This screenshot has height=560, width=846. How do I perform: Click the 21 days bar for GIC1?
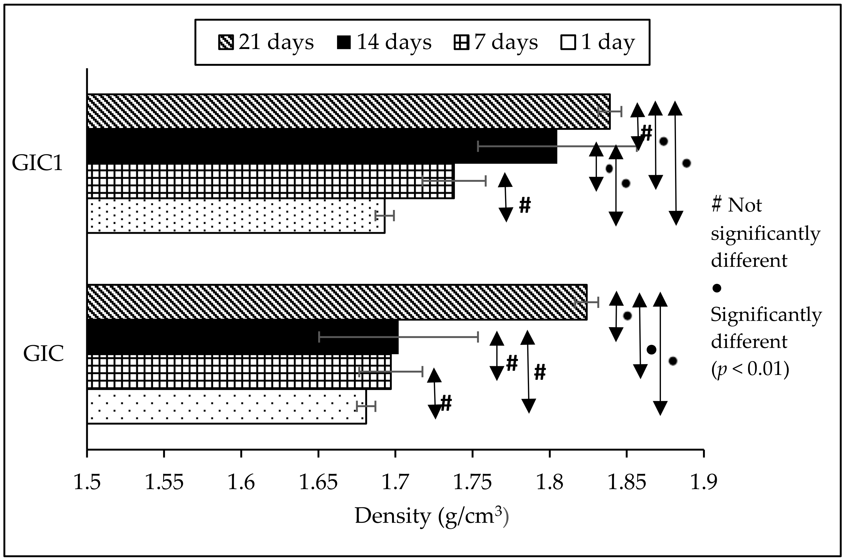(348, 111)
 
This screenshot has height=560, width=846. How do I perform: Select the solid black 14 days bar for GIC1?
(321, 146)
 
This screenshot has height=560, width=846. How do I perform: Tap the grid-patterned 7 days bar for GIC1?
(270, 181)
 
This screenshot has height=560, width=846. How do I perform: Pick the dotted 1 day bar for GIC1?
(236, 216)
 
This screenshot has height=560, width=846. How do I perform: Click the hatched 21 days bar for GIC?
(337, 302)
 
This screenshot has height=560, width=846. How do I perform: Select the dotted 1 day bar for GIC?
(227, 406)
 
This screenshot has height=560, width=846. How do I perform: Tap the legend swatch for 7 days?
(461, 42)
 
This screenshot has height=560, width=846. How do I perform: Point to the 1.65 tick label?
(318, 482)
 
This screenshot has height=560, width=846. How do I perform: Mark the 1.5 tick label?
(87, 482)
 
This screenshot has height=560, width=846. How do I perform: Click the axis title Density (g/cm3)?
(431, 516)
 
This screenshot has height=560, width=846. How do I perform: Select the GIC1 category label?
(37, 163)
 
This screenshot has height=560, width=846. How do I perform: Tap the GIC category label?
(43, 354)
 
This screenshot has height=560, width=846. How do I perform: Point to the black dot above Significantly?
(717, 288)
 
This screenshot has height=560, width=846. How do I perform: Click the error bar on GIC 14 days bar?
(398, 337)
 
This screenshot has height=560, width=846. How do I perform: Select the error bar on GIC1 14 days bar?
(557, 146)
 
